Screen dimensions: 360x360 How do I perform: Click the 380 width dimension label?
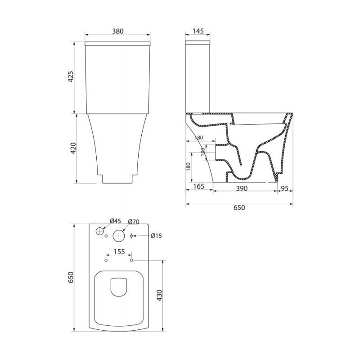[117, 31]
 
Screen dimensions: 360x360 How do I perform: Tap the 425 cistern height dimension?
[72, 76]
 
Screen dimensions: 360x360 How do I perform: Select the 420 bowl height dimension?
[73, 148]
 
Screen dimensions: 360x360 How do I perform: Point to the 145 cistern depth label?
[198, 31]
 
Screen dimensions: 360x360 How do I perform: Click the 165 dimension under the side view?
[198, 186]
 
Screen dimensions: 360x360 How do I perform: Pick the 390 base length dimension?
[242, 188]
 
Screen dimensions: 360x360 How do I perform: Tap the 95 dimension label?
[284, 188]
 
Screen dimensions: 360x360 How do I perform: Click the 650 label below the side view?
[239, 207]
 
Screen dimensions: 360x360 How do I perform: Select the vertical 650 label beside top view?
[71, 277]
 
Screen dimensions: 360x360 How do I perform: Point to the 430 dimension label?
[160, 296]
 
